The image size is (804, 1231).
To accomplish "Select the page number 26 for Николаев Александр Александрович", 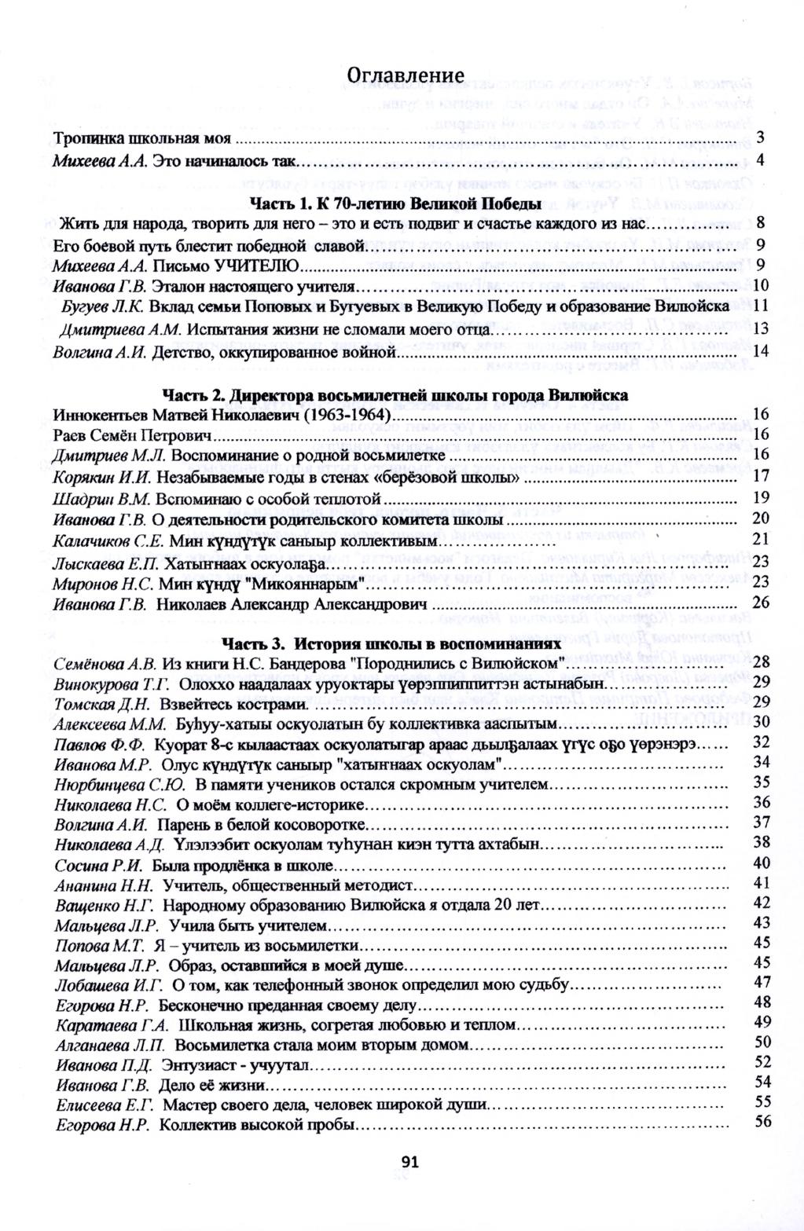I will [x=760, y=603].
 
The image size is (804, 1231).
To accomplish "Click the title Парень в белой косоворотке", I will [x=261, y=824].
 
